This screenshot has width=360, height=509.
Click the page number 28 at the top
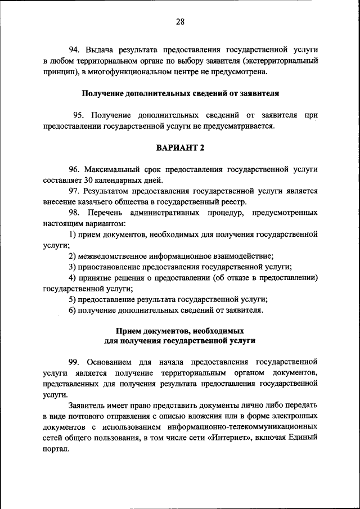pos(180,22)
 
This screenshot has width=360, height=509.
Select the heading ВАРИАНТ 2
pos(180,147)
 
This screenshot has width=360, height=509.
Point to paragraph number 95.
pos(79,115)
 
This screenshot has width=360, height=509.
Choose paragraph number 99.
pos(75,361)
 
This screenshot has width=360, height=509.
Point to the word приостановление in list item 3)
pos(110,267)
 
